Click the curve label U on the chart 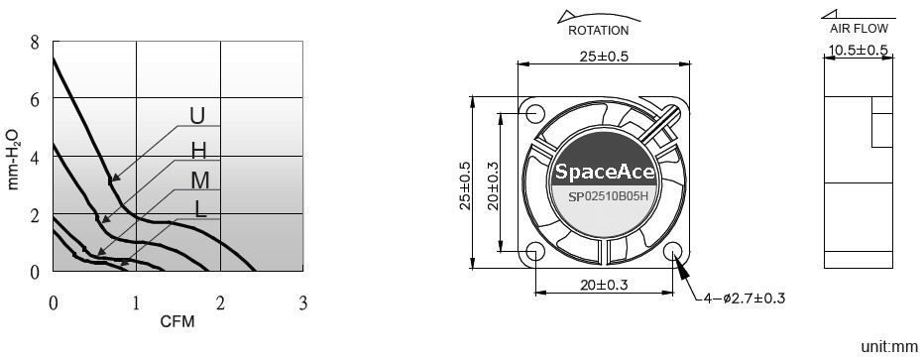(x=197, y=115)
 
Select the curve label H (x=199, y=152)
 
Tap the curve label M (x=200, y=180)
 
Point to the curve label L (x=201, y=209)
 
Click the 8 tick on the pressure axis (x=35, y=43)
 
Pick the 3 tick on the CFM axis (x=303, y=303)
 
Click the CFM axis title (x=177, y=321)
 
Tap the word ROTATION (x=598, y=31)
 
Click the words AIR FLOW (x=859, y=29)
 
